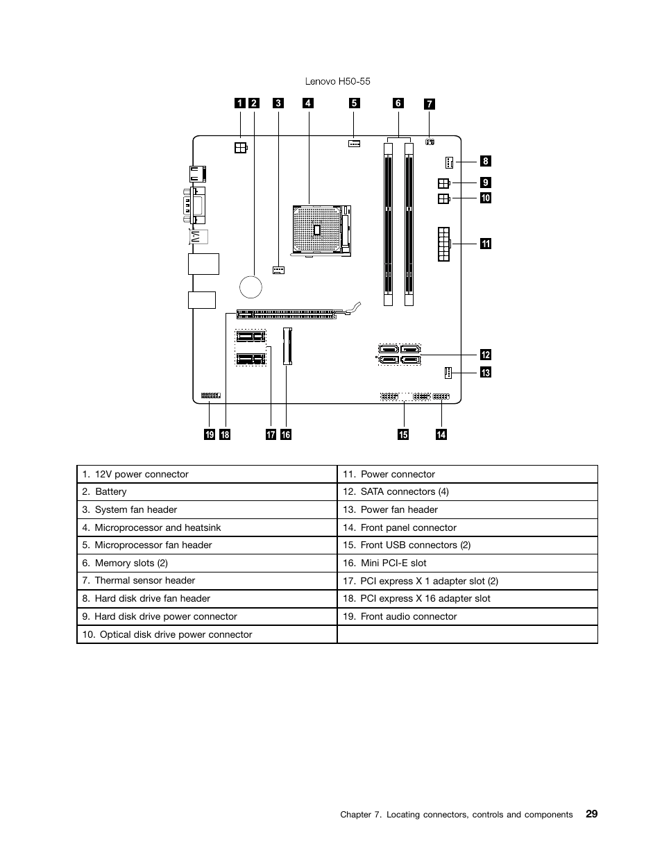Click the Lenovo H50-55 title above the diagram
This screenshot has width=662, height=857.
tap(337, 81)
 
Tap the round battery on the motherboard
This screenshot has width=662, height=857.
tap(251, 285)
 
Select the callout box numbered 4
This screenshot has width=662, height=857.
tap(308, 103)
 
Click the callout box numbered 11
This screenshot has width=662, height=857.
tap(486, 243)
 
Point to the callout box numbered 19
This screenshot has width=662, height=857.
tap(209, 434)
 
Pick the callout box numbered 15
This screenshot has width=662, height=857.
tap(403, 434)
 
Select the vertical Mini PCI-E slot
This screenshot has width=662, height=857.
tap(288, 346)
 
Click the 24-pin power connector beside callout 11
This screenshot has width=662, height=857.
tap(443, 244)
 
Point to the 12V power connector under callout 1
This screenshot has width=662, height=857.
tap(239, 147)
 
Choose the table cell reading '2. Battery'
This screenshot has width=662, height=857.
tap(206, 492)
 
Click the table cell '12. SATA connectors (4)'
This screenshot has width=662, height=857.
tap(467, 492)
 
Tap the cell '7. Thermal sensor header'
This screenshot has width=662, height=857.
tap(206, 581)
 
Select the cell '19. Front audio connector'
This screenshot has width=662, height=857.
tap(467, 617)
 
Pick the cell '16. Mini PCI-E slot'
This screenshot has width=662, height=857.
tap(467, 563)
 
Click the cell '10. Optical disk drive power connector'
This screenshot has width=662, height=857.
tap(206, 635)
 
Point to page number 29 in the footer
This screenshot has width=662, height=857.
tap(591, 813)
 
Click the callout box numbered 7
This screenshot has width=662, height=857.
tap(430, 104)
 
